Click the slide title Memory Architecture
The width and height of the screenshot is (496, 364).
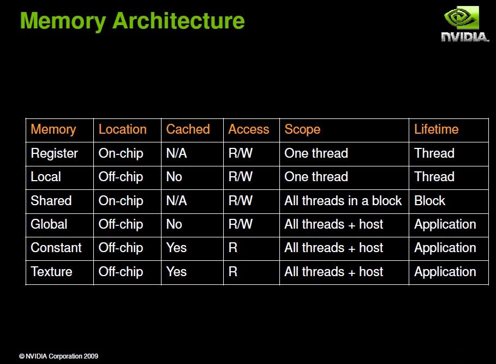tap(132, 21)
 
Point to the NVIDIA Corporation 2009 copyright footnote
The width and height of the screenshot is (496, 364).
tap(58, 356)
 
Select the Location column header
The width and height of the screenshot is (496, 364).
tap(122, 129)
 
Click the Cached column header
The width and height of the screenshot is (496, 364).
tap(188, 129)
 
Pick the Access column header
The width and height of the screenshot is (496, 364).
tap(248, 129)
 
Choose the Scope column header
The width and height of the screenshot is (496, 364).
tap(302, 129)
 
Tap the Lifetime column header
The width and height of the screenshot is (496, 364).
tap(436, 129)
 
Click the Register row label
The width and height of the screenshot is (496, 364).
tap(54, 153)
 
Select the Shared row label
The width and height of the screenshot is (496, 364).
tap(51, 201)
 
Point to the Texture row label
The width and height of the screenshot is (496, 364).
tap(51, 272)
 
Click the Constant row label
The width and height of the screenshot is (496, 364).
tap(56, 248)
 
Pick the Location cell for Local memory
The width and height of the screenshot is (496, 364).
tap(121, 177)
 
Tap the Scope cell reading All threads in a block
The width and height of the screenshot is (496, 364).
tap(343, 201)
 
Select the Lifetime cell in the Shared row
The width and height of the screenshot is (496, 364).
tap(429, 201)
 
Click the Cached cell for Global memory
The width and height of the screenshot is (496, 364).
tap(174, 224)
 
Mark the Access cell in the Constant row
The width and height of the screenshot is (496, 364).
tap(233, 248)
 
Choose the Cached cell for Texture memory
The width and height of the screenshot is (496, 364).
tap(176, 272)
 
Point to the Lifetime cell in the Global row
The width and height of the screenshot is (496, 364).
tap(445, 224)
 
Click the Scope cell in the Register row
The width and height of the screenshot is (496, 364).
tap(316, 153)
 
